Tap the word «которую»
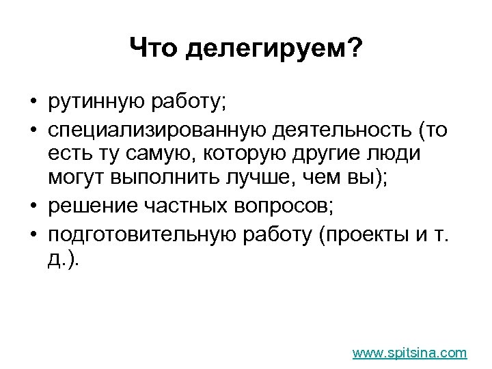(x=241, y=154)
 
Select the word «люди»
(x=398, y=154)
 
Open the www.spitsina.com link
(x=409, y=353)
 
